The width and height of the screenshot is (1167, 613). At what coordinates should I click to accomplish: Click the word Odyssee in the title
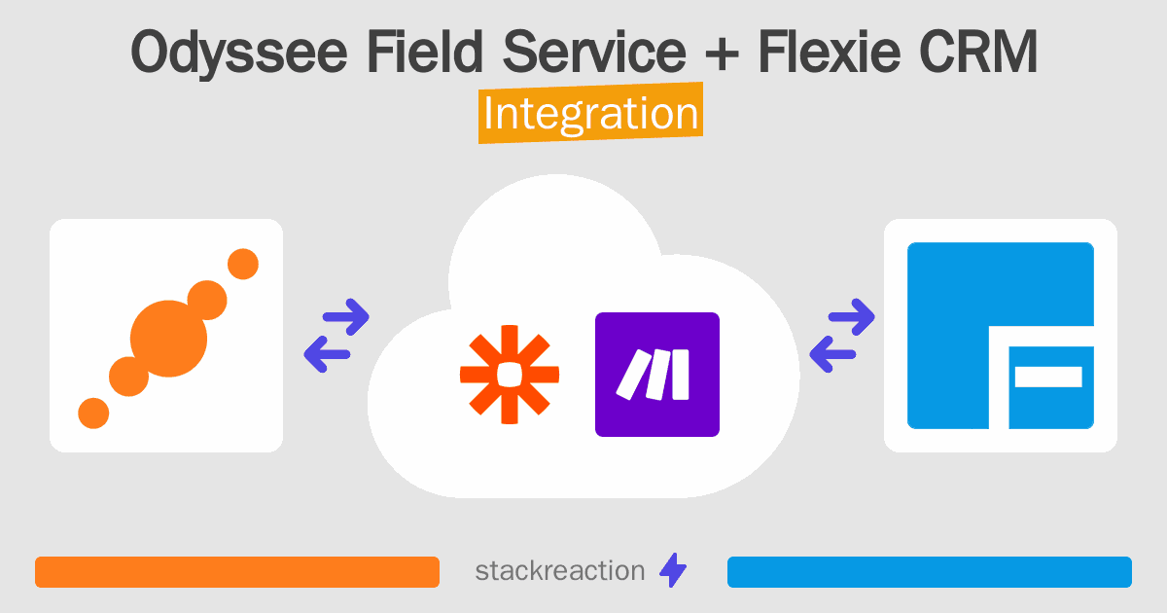pos(238,54)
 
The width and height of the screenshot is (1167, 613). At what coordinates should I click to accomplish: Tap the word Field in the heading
pos(425,51)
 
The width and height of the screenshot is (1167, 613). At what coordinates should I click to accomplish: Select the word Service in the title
pos(594,51)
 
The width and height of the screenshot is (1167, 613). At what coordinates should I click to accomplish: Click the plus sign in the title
pos(722,54)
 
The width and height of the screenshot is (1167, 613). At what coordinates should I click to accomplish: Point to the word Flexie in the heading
pos(829,51)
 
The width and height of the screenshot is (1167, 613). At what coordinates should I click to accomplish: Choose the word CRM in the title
pos(978,51)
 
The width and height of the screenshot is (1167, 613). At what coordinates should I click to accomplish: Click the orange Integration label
pos(591,113)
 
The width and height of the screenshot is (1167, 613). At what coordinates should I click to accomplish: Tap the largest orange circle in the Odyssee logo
pos(168,339)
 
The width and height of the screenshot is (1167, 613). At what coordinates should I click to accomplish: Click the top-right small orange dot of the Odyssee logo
pos(243,264)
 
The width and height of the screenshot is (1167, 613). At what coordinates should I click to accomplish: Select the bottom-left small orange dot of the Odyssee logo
pos(93,414)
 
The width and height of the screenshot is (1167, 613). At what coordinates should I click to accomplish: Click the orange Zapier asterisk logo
pos(510,375)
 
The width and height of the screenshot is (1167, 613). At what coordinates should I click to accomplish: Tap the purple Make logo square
pos(657,375)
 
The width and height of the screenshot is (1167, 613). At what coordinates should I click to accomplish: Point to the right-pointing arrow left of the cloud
pos(346,316)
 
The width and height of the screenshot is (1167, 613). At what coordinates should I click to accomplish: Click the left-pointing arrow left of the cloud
pos(327,354)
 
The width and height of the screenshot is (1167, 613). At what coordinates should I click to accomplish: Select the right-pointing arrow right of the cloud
pos(852,316)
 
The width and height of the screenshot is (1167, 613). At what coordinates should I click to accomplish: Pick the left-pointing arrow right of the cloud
pos(832,354)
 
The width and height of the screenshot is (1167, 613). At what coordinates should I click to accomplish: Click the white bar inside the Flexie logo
pos(1048,377)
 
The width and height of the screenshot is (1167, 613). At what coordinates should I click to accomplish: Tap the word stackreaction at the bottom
pos(560,571)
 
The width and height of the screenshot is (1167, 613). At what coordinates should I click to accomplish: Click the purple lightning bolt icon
pos(673,570)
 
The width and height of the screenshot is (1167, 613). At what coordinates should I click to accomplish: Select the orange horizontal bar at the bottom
pos(237,572)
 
